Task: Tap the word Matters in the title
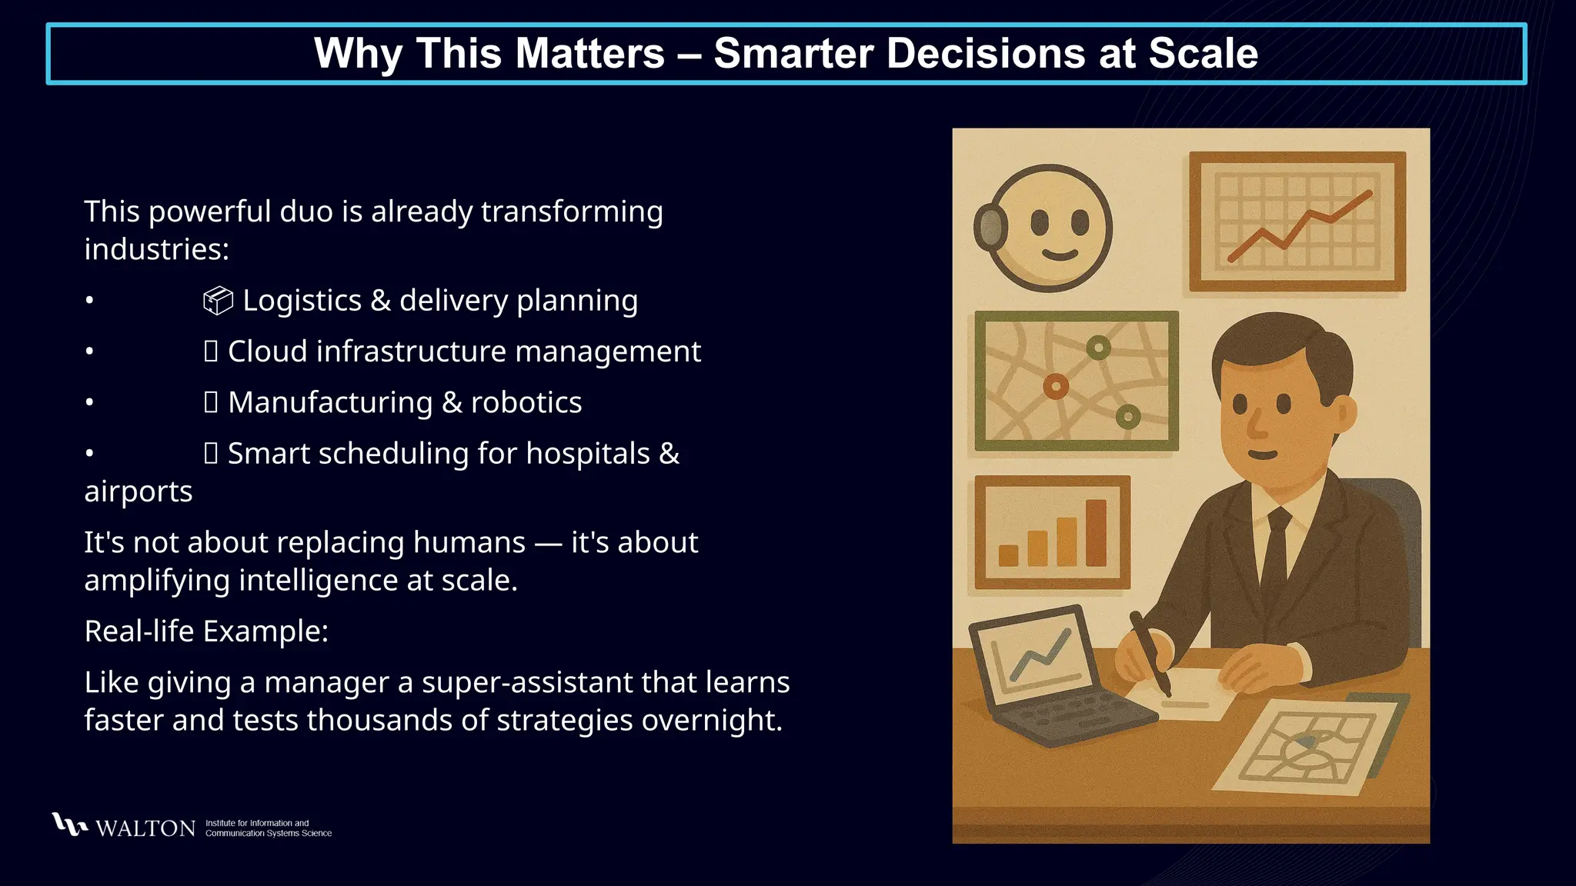coord(589,54)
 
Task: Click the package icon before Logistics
coord(218,301)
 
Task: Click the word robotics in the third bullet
coord(526,402)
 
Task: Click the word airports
coord(139,491)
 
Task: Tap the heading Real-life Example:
coord(206,631)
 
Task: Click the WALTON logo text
coord(145,828)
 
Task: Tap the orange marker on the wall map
coord(1056,386)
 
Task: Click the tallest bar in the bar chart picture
coord(1096,532)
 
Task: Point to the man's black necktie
coord(1275,554)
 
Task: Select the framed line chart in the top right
coord(1297,221)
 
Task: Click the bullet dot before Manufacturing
coord(89,402)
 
